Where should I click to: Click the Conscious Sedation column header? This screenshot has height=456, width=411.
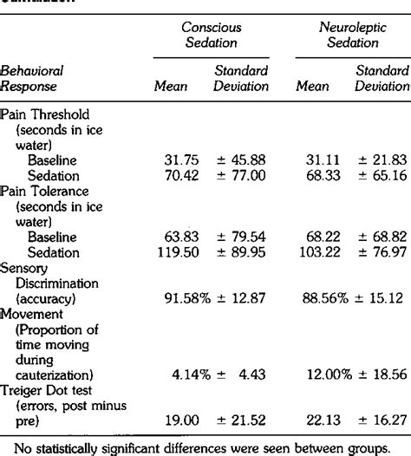click(x=210, y=36)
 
